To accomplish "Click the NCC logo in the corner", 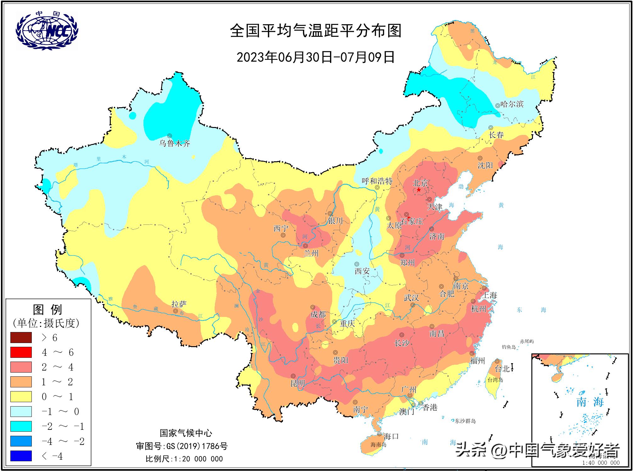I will (x=47, y=30).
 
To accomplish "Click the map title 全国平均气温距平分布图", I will (x=316, y=31).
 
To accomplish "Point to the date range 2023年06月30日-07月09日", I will (x=316, y=57).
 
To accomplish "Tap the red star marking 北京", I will (x=419, y=190).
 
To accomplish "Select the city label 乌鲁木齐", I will (x=175, y=144).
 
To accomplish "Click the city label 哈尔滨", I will (x=512, y=104).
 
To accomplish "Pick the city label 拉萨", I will (x=179, y=304).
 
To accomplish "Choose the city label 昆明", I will (x=298, y=383).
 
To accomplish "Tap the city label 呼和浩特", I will (x=377, y=181).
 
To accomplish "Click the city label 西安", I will (x=362, y=271).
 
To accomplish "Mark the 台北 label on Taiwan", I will (x=502, y=369).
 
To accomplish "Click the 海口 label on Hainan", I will (x=391, y=436).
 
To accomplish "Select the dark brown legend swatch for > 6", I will (x=21, y=337).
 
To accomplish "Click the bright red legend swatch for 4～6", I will (x=21, y=352).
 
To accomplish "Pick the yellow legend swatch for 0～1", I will (x=21, y=396).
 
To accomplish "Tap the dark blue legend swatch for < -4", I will (x=21, y=456).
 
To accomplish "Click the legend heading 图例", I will (x=48, y=310).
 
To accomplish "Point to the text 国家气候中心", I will (x=186, y=433).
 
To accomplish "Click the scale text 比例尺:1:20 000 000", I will (x=184, y=459).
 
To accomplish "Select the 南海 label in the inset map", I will (x=590, y=402).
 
